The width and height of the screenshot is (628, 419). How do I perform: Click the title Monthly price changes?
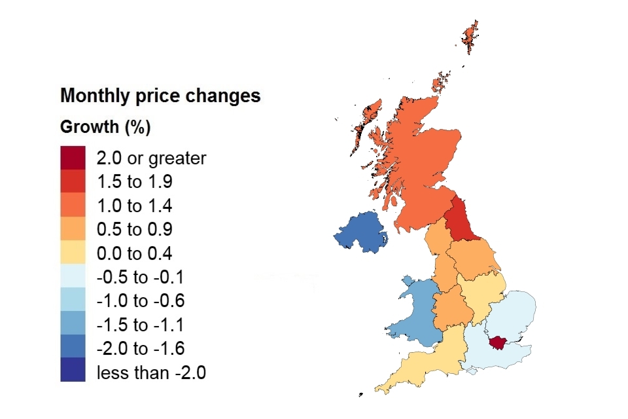pyautogui.click(x=160, y=96)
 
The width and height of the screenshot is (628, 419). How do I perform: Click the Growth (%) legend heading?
pyautogui.click(x=105, y=127)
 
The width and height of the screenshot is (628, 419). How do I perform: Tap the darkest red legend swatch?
pyautogui.click(x=73, y=158)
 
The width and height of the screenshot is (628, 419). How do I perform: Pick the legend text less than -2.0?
pyautogui.click(x=151, y=373)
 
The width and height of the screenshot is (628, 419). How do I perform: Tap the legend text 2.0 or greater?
pyautogui.click(x=151, y=158)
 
